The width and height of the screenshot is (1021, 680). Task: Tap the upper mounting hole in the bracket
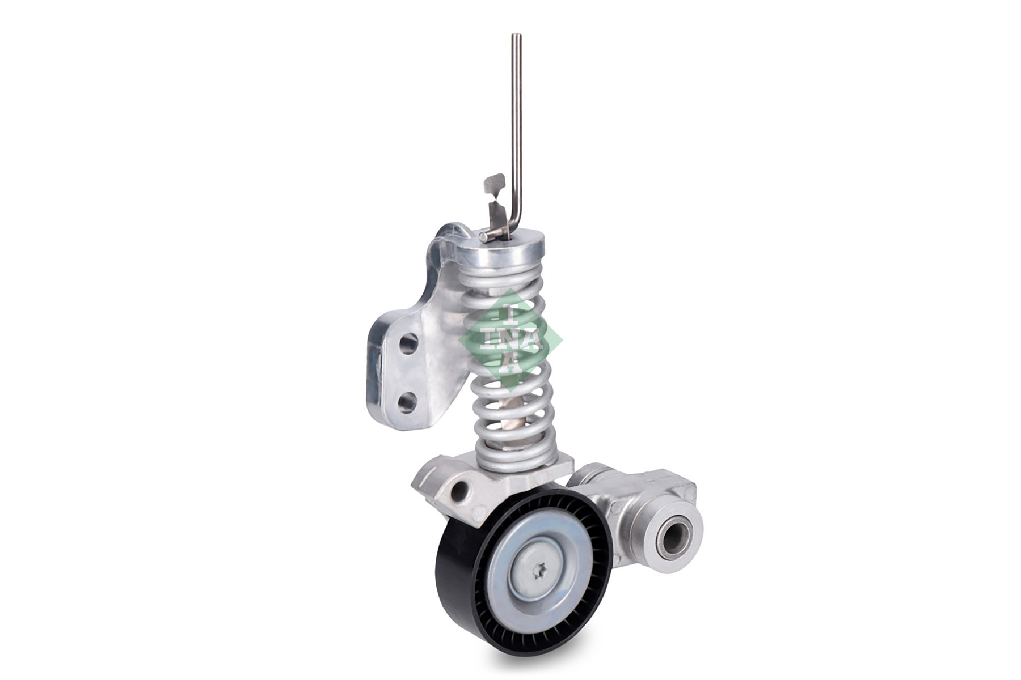tap(408, 343)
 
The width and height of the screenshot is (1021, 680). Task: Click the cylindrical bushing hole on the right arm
tap(675, 533)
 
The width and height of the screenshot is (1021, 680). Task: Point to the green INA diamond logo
tap(510, 340)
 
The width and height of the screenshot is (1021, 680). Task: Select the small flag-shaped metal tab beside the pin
tap(495, 184)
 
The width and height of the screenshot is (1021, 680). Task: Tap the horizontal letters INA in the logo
tap(510, 341)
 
